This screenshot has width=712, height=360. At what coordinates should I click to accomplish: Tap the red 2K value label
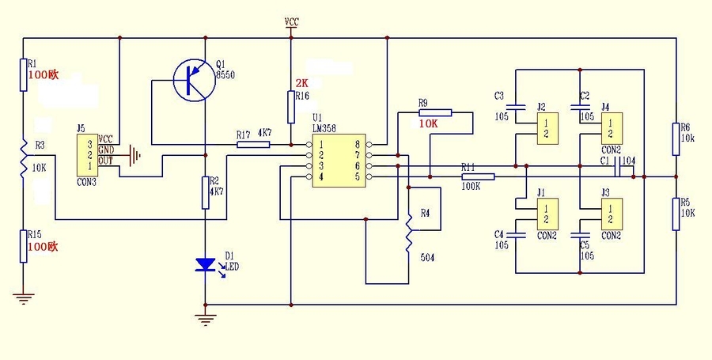301,83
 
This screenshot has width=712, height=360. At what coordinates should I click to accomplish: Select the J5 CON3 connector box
88,155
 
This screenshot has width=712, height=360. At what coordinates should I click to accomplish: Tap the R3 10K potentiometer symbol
23,167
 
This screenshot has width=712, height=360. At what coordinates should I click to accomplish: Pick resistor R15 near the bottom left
23,247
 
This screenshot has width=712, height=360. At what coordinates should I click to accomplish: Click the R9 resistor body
435,113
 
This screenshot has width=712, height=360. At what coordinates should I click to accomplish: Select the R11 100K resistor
478,177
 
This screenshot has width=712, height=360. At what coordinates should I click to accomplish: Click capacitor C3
515,105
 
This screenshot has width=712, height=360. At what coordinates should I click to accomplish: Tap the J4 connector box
609,127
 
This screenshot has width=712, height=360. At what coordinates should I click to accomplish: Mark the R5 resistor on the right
676,214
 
